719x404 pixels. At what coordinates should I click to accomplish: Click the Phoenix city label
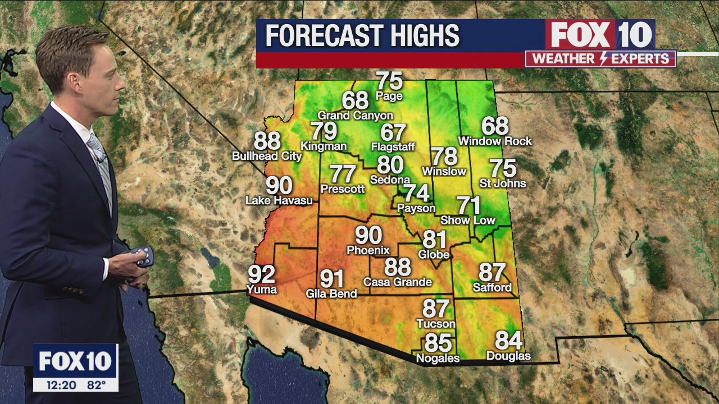pos(368,250)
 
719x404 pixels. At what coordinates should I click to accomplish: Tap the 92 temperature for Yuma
pos(262,274)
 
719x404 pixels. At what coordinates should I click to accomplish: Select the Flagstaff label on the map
pos(393,147)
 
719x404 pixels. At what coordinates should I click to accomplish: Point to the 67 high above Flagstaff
pos(393,132)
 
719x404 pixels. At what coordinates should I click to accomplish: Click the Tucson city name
pos(436,324)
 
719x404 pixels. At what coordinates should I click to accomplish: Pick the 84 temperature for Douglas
pos(508,341)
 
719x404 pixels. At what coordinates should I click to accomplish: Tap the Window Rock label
pos(495,141)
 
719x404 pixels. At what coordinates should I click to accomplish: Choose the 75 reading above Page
pos(389,81)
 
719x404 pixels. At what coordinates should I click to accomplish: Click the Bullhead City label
pos(267,156)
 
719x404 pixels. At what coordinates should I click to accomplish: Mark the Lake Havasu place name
pos(279,200)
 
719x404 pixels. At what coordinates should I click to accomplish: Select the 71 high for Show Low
pos(468,205)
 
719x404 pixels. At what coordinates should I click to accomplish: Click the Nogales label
pos(438,358)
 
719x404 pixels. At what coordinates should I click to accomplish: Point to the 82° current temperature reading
pos(96,385)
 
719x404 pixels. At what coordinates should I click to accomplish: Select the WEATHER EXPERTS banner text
pos(600,58)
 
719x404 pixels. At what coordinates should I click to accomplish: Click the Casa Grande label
pos(398,282)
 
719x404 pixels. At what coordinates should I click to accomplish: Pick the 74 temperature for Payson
pos(417,193)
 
